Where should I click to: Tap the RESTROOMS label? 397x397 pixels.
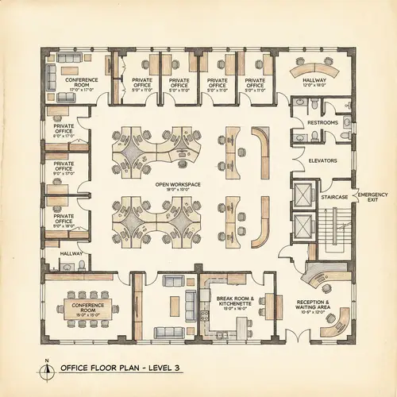coord(322,123)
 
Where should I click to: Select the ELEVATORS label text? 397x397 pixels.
coord(322,160)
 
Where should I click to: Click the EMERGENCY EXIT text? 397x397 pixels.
coord(372,197)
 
